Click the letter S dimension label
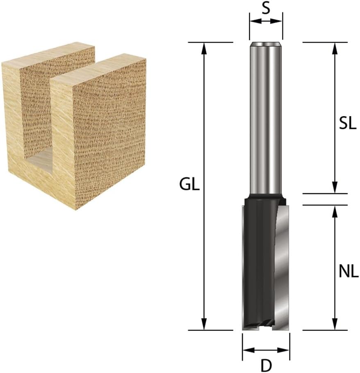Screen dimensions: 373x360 (x=266, y=9)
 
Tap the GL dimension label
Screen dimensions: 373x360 (x=189, y=185)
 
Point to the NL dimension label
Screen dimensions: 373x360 (x=349, y=271)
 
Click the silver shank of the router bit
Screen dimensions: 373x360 (x=266, y=119)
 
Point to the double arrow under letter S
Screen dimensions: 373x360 (x=266, y=21)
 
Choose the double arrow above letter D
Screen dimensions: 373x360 (x=266, y=350)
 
